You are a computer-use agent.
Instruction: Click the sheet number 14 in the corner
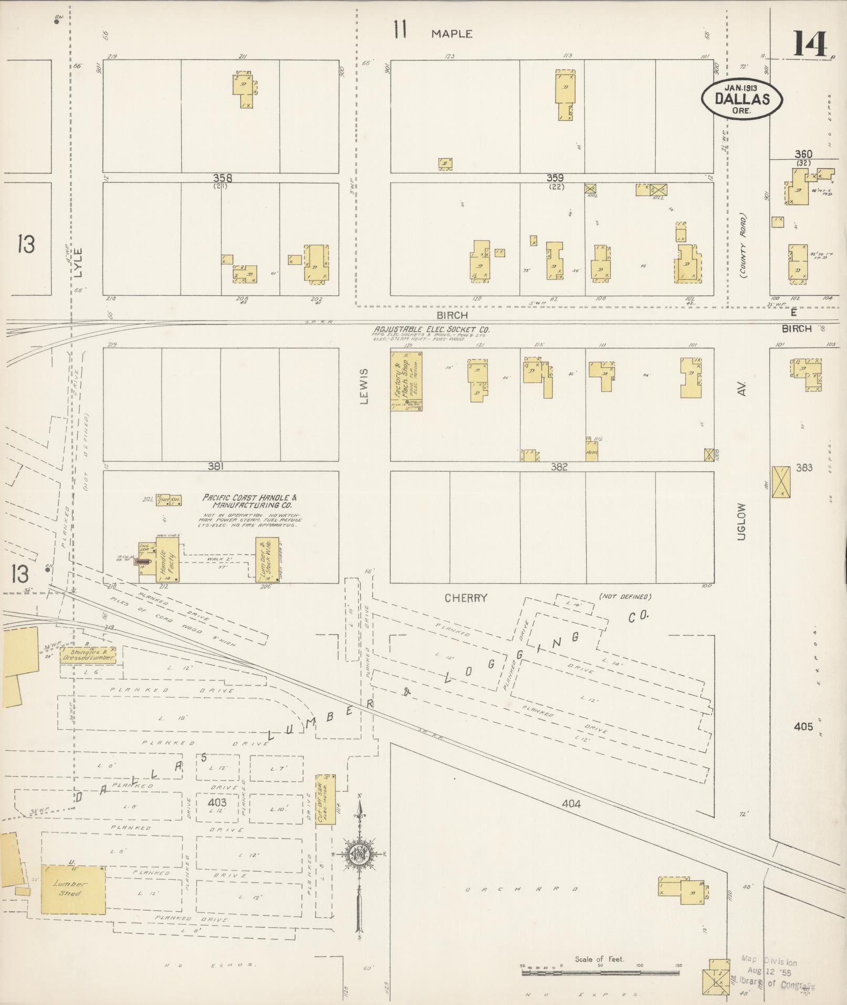pyautogui.click(x=810, y=44)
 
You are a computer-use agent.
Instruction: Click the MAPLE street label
pyautogui.click(x=452, y=34)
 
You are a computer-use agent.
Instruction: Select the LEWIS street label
pyautogui.click(x=364, y=386)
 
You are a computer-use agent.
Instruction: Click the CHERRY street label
pyautogui.click(x=466, y=598)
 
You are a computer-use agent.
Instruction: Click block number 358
pyautogui.click(x=223, y=178)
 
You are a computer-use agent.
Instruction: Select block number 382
pyautogui.click(x=559, y=467)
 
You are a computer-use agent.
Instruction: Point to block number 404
pyautogui.click(x=571, y=803)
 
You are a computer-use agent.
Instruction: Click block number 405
pyautogui.click(x=803, y=727)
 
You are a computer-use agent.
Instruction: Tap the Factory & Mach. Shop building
pyautogui.click(x=406, y=380)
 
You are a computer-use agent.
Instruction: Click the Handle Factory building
pyautogui.click(x=167, y=559)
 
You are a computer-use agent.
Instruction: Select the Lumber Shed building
pyautogui.click(x=73, y=890)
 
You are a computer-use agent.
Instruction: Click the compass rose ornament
pyautogui.click(x=359, y=854)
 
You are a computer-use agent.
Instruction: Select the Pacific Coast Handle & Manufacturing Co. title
pyautogui.click(x=250, y=500)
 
